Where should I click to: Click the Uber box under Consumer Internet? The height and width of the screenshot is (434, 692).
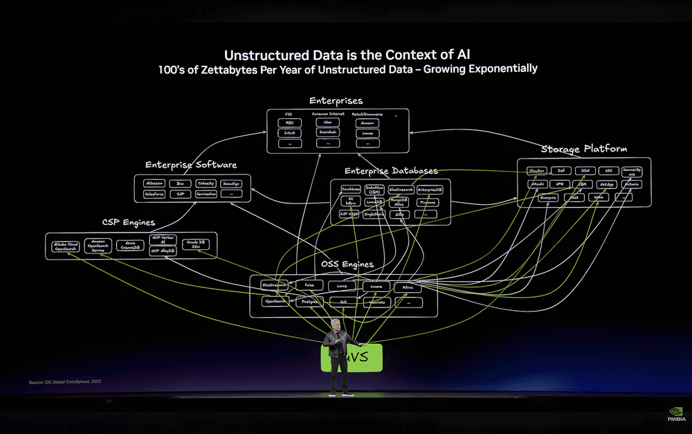[328, 123]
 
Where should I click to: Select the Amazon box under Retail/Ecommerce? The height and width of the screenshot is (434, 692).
[367, 123]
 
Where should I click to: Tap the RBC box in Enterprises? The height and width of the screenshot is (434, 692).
[289, 123]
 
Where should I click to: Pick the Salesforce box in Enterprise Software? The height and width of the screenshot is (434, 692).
[154, 195]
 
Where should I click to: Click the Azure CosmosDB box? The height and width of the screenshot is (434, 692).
[130, 246]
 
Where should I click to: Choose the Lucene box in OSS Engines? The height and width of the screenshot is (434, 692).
[376, 285]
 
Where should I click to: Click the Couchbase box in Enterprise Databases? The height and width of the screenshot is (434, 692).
[351, 189]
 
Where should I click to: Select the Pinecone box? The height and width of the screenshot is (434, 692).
[428, 202]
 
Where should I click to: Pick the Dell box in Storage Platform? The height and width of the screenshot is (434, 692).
[561, 170]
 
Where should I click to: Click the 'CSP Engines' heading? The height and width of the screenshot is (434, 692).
[129, 223]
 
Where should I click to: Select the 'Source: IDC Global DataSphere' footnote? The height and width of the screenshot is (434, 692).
[65, 382]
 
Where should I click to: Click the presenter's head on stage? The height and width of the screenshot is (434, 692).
[337, 326]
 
